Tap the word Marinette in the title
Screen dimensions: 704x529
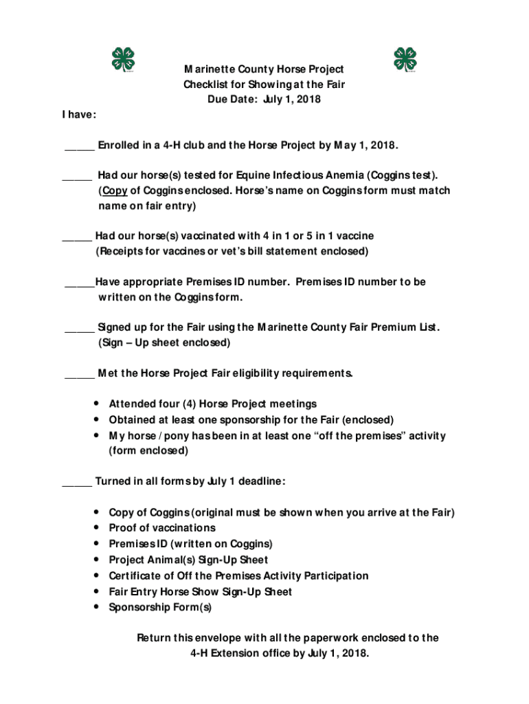point(210,69)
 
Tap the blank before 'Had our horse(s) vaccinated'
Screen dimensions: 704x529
point(76,236)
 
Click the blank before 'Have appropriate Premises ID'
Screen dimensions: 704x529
point(79,282)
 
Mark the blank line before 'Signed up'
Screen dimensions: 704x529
point(79,327)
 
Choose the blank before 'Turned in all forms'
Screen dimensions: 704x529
point(76,481)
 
